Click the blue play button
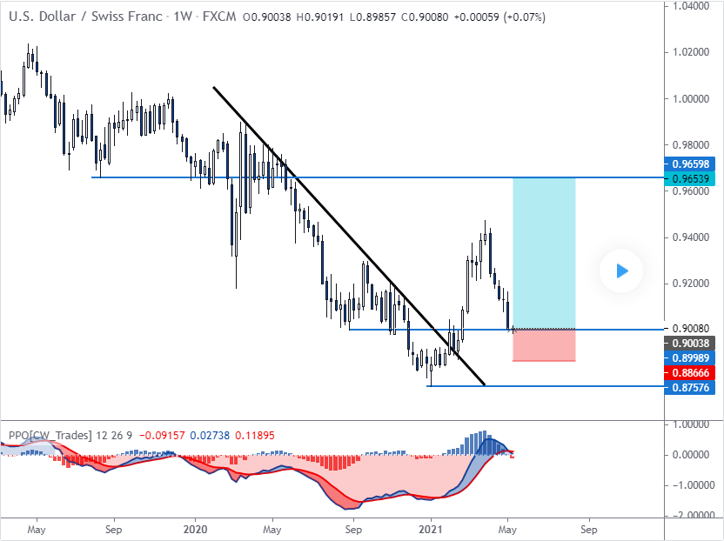click(621, 270)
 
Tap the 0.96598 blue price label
click(693, 164)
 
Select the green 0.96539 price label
click(693, 179)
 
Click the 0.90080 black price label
click(693, 329)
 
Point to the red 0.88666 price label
click(693, 372)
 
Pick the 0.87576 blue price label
click(693, 386)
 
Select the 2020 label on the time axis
click(196, 527)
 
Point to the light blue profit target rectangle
click(544, 252)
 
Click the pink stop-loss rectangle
click(544, 344)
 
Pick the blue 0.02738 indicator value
click(210, 435)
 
